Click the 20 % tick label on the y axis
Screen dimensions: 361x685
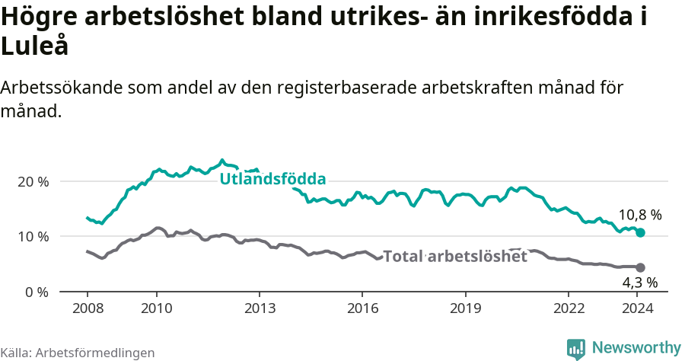33,182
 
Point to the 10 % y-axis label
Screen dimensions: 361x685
33,237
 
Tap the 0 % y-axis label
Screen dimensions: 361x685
37,292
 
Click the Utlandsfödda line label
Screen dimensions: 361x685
272,180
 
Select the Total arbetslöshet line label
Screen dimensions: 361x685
454,257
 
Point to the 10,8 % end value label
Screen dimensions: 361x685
639,216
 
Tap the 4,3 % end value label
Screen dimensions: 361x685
639,283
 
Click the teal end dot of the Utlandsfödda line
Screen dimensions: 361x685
640,232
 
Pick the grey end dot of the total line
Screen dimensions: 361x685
640,267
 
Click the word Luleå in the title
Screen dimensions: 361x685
34,47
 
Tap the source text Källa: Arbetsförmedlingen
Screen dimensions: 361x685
78,353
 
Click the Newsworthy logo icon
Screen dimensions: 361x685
576,349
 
